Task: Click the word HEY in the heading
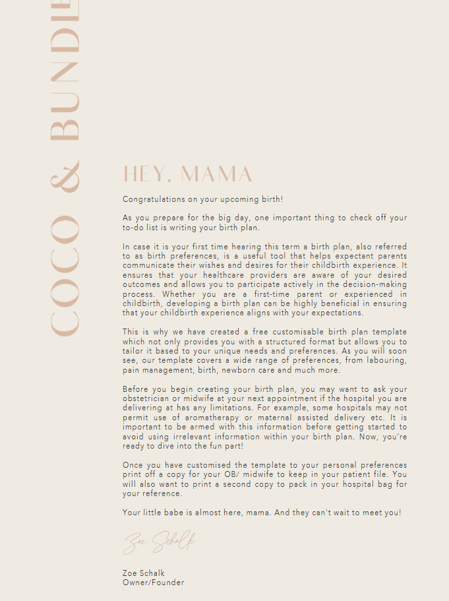(x=146, y=174)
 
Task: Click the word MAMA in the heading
(x=217, y=174)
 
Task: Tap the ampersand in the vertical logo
(x=65, y=175)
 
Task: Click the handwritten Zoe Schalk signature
(x=159, y=542)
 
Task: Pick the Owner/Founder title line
(x=153, y=583)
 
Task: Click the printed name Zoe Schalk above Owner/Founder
(x=144, y=573)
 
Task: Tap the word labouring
(x=386, y=360)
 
